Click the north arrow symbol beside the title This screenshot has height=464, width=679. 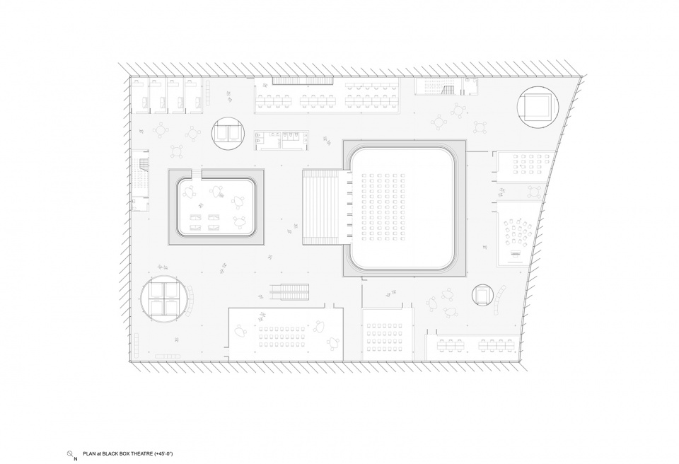[x=70, y=453]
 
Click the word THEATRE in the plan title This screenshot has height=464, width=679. [x=140, y=453]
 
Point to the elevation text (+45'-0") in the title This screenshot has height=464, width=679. [x=163, y=453]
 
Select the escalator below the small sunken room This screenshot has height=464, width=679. [x=290, y=291]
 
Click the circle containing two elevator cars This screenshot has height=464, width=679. [x=228, y=134]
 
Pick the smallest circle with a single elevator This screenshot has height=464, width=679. [x=482, y=295]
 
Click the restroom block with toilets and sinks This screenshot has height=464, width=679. [x=282, y=140]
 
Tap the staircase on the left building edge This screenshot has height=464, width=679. [x=141, y=178]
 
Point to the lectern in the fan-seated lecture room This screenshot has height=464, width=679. [x=516, y=253]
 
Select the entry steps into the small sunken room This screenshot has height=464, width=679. [x=196, y=174]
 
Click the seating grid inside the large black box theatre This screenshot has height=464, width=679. [x=383, y=207]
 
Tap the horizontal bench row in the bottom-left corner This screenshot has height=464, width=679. [x=167, y=356]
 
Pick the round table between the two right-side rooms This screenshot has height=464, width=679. [x=535, y=192]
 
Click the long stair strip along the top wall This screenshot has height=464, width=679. [x=303, y=81]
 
